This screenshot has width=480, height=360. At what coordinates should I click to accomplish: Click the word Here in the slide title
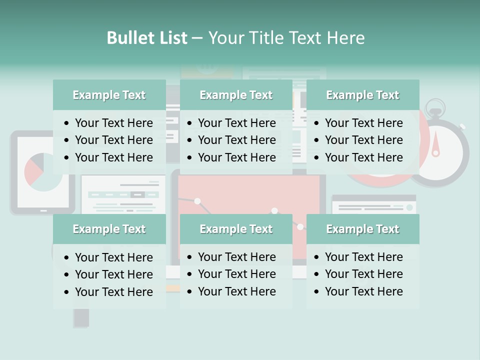click(345, 38)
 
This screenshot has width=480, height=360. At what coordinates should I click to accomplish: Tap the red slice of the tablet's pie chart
click(33, 171)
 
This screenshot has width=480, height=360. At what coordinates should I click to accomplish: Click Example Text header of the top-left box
click(109, 95)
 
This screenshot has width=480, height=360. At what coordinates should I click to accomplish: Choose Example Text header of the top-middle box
click(236, 95)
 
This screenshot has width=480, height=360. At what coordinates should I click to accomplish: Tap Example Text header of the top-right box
click(362, 95)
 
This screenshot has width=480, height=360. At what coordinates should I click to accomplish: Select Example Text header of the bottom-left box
click(109, 229)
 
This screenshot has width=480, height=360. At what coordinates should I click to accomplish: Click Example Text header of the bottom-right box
click(362, 229)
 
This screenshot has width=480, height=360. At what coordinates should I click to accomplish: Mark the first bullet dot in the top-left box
click(67, 123)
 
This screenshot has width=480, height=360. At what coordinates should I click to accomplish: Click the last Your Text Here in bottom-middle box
click(236, 291)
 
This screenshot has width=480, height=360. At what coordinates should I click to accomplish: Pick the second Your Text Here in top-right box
click(363, 140)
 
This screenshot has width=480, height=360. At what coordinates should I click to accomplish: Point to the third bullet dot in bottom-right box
click(316, 292)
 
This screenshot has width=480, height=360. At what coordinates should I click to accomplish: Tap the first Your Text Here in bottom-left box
click(113, 257)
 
